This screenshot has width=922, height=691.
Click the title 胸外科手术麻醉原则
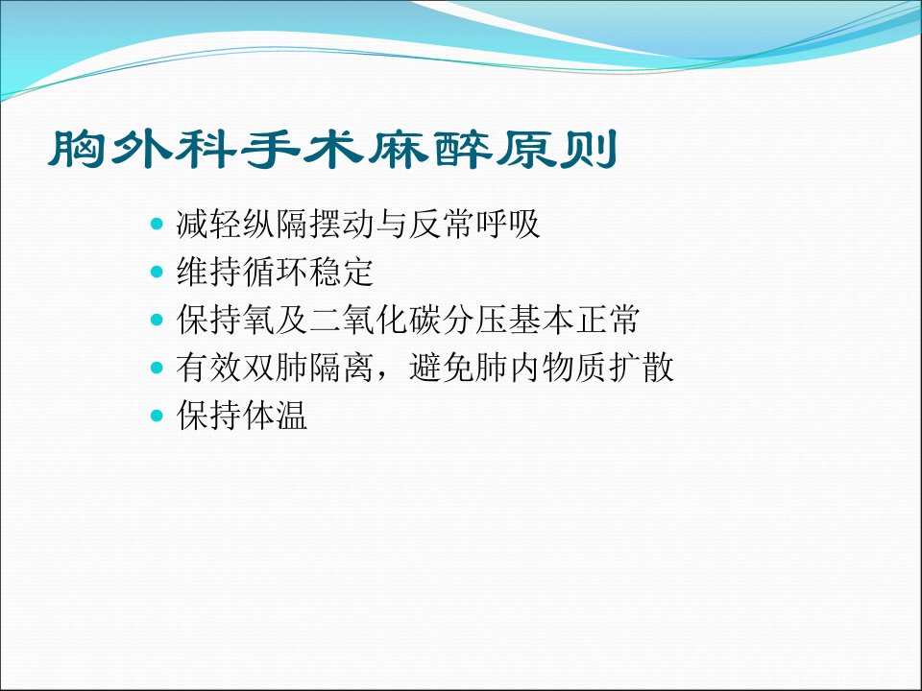pyautogui.click(x=333, y=150)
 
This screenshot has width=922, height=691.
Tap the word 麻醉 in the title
pyautogui.click(x=429, y=150)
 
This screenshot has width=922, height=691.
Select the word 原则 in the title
pyautogui.click(x=556, y=150)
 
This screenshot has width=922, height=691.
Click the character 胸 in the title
pyautogui.click(x=77, y=150)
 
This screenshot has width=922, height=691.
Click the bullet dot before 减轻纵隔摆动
pyautogui.click(x=157, y=224)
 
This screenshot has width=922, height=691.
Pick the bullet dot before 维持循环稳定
pyautogui.click(x=157, y=272)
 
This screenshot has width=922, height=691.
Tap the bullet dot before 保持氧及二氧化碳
pyautogui.click(x=157, y=319)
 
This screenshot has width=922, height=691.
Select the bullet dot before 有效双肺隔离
pyautogui.click(x=157, y=368)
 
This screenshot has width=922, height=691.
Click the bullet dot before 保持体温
pyautogui.click(x=157, y=416)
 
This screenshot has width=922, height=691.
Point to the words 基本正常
pyautogui.click(x=574, y=319)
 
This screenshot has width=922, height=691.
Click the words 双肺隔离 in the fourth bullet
pyautogui.click(x=308, y=368)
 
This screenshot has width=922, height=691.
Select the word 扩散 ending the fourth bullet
pyautogui.click(x=641, y=368)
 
